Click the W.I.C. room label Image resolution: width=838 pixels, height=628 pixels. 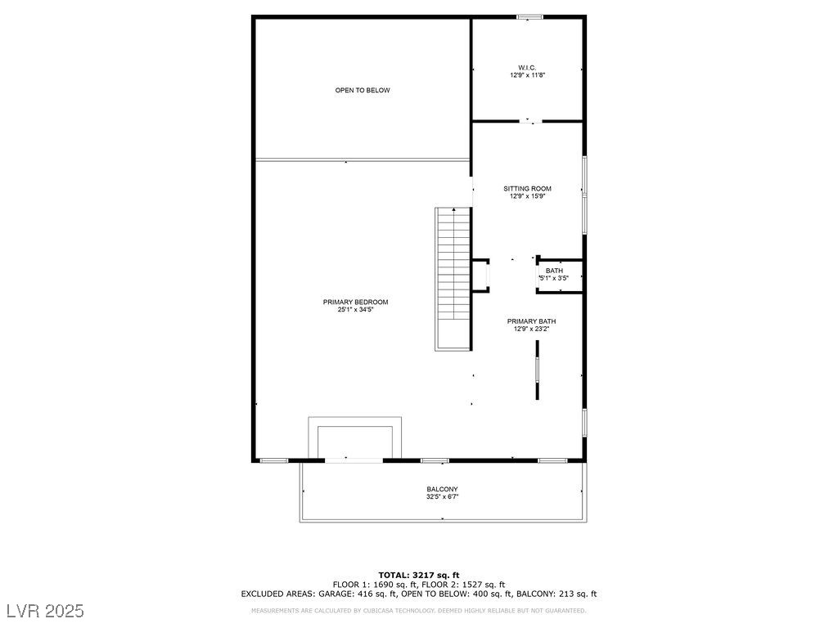pos(527,67)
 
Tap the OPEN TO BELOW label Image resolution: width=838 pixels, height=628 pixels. pos(363,90)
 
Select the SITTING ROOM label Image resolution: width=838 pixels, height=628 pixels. pos(527,189)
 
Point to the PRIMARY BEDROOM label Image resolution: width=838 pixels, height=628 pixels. pos(355,302)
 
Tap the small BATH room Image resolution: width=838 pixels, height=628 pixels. pos(555,274)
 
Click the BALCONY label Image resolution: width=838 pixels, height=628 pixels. pos(442,489)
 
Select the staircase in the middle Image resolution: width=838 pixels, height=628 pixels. pos(453,278)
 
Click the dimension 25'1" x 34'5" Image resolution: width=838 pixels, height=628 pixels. pos(355,310)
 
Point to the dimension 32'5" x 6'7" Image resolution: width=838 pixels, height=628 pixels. pos(442,496)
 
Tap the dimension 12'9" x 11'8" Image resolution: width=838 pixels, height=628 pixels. pos(527,74)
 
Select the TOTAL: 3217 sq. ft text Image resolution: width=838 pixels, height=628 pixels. pos(418,574)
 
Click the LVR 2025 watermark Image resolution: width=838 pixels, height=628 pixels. pos(45,611)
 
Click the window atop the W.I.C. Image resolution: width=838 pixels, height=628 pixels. pos(530,16)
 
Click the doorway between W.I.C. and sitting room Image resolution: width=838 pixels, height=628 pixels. pos(530,122)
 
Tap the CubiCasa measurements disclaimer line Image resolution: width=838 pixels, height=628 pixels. pos(418,610)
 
